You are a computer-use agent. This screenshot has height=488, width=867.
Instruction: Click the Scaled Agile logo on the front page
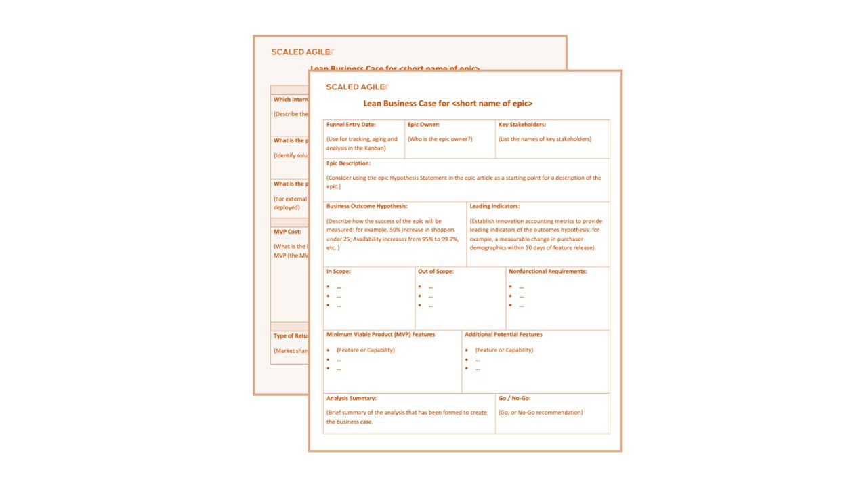click(x=357, y=87)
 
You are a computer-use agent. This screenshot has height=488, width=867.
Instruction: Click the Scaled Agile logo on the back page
click(x=302, y=52)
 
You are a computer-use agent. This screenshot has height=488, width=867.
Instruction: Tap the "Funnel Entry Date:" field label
click(x=351, y=125)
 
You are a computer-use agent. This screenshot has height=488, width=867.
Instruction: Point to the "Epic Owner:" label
click(x=423, y=125)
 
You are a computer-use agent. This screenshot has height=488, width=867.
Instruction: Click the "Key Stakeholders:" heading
click(x=522, y=125)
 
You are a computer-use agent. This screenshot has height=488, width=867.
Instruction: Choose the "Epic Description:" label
click(x=348, y=163)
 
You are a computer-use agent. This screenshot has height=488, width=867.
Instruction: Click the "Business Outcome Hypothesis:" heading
click(x=366, y=206)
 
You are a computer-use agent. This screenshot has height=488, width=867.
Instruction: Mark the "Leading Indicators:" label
click(x=494, y=206)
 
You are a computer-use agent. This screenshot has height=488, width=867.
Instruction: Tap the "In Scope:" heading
click(x=338, y=272)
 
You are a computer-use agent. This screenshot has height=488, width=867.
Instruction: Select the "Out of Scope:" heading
click(x=436, y=272)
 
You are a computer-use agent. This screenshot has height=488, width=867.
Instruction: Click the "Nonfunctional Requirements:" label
click(x=548, y=272)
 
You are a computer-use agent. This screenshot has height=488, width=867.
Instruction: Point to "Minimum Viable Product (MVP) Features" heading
click(x=381, y=335)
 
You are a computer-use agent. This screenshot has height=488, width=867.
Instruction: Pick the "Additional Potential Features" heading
click(x=503, y=335)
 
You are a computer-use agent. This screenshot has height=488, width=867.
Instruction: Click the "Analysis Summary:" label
click(x=351, y=399)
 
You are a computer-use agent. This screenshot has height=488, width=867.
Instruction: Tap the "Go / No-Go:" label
click(x=515, y=399)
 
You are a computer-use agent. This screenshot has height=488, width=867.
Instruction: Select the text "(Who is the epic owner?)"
click(x=440, y=139)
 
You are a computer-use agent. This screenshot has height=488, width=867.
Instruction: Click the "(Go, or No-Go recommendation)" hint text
click(x=541, y=412)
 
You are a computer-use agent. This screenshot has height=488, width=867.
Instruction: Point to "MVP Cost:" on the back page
click(x=287, y=232)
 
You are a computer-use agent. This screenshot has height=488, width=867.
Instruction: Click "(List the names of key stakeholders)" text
click(x=545, y=139)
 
